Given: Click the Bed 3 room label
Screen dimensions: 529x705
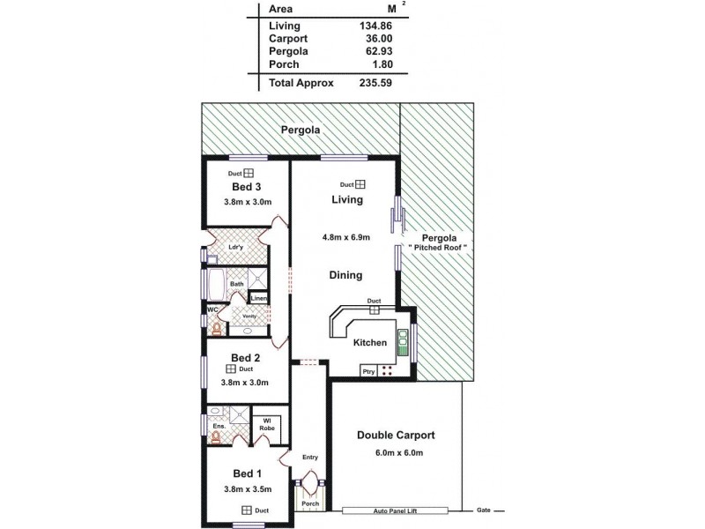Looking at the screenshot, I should point(247,187).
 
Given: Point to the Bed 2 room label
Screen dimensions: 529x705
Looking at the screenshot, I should point(245,357).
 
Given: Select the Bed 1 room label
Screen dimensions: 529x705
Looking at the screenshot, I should point(247,473).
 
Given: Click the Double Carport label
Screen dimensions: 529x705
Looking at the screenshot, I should point(396,436).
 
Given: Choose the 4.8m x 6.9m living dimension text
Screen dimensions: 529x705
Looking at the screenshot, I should point(345,237).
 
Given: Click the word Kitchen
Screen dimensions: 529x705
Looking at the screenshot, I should point(370,342).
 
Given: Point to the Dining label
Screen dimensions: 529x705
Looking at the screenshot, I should point(345,275).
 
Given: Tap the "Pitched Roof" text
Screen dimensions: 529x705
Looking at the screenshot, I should point(436,250).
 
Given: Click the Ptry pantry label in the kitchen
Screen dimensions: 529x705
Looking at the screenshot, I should point(369,372).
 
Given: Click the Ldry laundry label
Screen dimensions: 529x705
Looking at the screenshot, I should point(235,247).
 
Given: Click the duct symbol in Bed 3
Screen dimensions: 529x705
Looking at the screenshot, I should point(249,174).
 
